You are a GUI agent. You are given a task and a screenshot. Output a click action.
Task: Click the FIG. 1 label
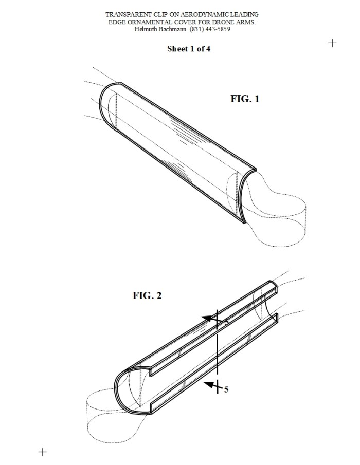click(245, 99)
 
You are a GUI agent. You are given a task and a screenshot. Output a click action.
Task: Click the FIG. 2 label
click(147, 295)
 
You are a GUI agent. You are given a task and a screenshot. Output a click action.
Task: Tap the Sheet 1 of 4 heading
click(189, 49)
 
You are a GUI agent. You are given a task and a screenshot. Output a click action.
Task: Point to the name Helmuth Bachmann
click(160, 29)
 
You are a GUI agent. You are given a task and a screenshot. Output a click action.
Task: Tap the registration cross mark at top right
click(332, 43)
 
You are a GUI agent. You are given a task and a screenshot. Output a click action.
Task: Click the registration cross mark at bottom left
click(43, 452)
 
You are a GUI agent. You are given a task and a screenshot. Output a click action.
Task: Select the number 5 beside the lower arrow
click(226, 389)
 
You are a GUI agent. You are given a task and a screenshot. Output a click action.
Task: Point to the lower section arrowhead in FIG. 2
click(209, 385)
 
